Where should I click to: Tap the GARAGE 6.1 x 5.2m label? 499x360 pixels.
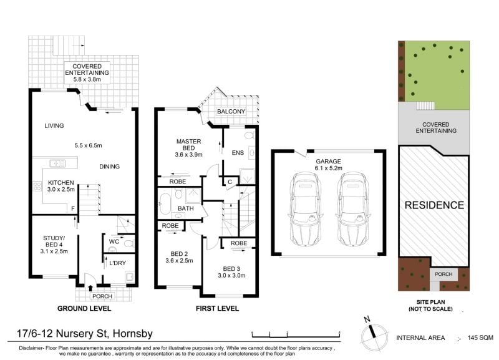(329, 165)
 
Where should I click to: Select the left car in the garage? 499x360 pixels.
(304, 209)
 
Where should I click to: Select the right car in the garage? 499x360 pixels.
(353, 209)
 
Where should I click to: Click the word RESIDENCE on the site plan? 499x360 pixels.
(434, 205)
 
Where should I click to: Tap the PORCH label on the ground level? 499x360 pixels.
(102, 296)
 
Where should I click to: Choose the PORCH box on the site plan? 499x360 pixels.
(443, 274)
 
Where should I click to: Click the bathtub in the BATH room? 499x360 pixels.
(165, 204)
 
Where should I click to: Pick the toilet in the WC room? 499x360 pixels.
(129, 245)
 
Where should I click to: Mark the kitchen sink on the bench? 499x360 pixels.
(57, 163)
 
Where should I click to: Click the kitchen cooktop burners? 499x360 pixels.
(37, 186)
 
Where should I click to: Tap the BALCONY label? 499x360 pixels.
(231, 112)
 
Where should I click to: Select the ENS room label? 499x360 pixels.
(238, 153)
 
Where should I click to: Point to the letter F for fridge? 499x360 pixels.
(73, 209)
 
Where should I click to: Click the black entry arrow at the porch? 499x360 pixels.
(90, 288)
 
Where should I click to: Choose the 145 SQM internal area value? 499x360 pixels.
(480, 338)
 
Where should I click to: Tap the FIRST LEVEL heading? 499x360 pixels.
(217, 308)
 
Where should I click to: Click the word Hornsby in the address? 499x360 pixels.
(133, 334)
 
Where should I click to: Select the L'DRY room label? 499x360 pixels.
(117, 263)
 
